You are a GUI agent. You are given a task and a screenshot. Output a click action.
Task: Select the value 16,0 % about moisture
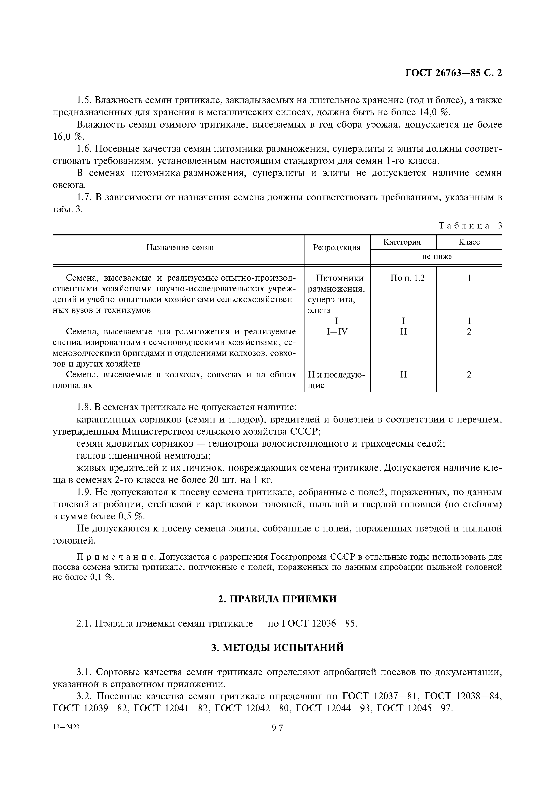point(68,137)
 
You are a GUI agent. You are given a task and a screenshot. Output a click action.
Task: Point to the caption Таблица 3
point(470,226)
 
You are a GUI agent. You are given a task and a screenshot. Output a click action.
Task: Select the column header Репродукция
point(337,247)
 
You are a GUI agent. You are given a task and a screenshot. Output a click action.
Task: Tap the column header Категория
point(402,242)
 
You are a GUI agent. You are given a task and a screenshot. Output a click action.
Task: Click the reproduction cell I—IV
point(337,332)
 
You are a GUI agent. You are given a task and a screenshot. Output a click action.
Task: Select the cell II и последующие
point(336,380)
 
